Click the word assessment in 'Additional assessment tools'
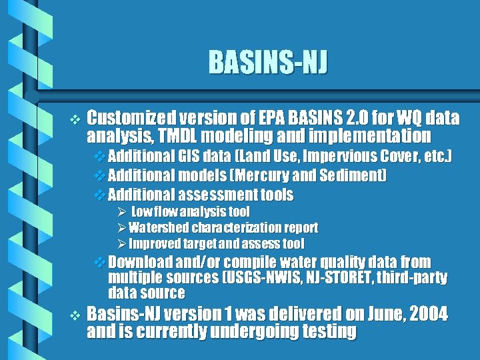(217, 195)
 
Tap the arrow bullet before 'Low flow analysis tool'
(121, 212)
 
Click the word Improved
(151, 243)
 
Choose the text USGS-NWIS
(258, 277)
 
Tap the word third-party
(414, 277)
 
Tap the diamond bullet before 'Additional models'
(101, 176)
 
